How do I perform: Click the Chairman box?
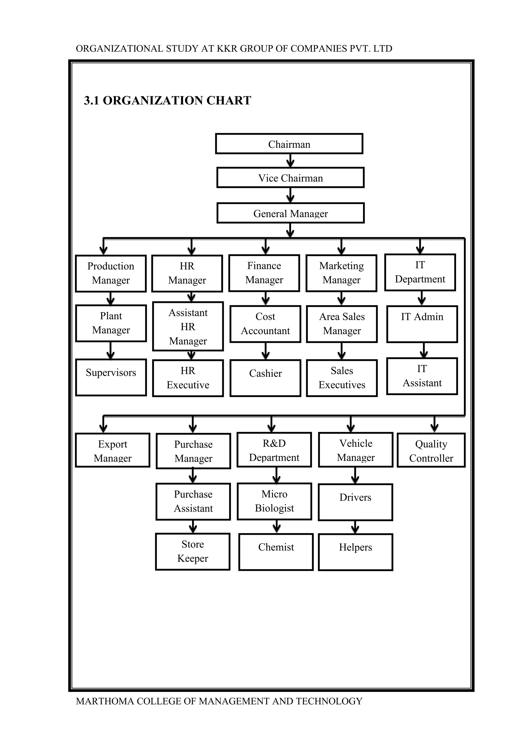click(x=289, y=144)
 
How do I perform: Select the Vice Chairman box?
click(x=290, y=178)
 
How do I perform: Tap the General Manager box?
click(x=290, y=213)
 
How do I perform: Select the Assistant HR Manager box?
click(x=188, y=326)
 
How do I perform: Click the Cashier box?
click(x=265, y=378)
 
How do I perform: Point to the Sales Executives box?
click(x=342, y=378)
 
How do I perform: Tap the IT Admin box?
click(x=422, y=324)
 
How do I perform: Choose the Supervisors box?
click(x=111, y=377)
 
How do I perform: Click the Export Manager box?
click(x=113, y=450)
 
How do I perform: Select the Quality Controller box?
click(x=431, y=450)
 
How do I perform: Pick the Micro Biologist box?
click(x=274, y=501)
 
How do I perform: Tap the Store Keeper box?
click(x=193, y=552)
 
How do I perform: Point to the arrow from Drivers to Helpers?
click(x=355, y=527)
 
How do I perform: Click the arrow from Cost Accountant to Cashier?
click(x=265, y=351)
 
